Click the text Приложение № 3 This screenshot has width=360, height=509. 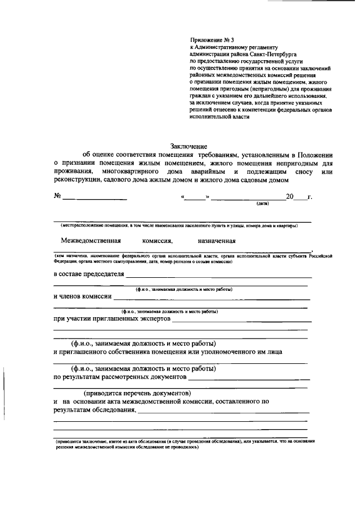click(x=208, y=40)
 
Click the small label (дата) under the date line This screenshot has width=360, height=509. click(x=262, y=204)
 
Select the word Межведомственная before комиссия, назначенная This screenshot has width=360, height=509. click(x=91, y=240)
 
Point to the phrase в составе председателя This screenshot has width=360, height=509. click(x=88, y=274)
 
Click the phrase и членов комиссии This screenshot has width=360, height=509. click(x=82, y=296)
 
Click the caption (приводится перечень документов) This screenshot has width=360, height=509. click(x=137, y=393)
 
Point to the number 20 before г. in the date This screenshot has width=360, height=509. click(x=290, y=197)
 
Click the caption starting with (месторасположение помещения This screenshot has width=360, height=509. click(x=179, y=226)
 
